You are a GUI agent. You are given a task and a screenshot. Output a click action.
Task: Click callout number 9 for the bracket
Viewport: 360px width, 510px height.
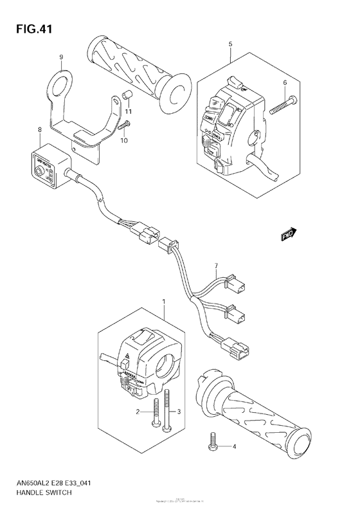click(62, 57)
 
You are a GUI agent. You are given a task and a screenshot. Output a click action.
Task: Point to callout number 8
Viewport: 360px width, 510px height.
click(40, 130)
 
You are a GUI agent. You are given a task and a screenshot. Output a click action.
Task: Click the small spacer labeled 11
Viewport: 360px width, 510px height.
click(127, 97)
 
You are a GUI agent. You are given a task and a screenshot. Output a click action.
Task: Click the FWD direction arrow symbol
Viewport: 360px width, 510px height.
click(289, 235)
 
